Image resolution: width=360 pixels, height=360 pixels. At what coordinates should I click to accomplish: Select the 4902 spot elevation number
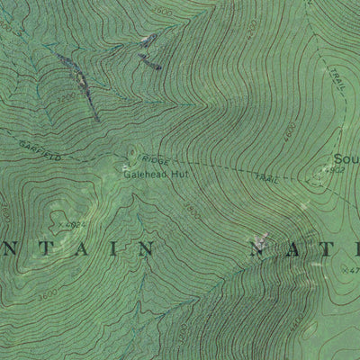tap(337, 169)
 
